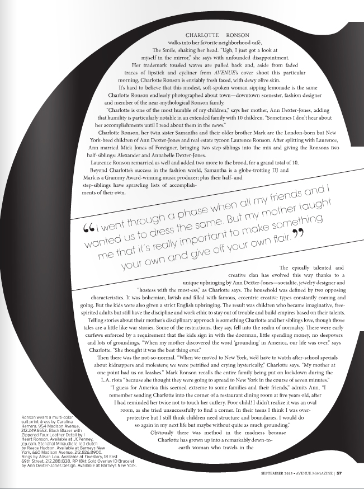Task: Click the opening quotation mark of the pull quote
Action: click(88, 228)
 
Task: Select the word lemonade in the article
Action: click(263, 89)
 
